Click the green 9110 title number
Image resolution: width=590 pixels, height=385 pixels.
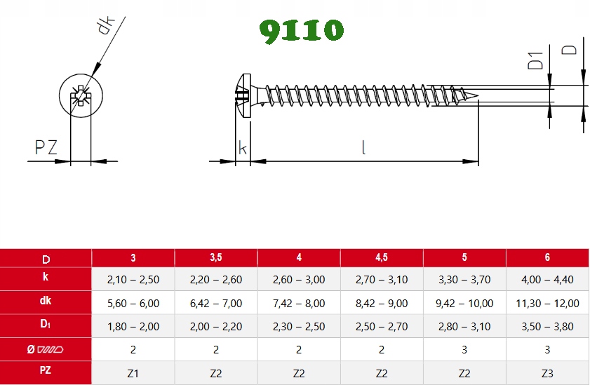point(302,31)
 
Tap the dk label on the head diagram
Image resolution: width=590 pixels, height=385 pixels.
point(105,25)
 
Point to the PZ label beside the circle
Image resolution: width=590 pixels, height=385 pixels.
point(46,147)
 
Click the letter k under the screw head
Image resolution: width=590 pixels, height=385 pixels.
point(243,148)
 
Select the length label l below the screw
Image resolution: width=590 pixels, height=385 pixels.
point(363,147)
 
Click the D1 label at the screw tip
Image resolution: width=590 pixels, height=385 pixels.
point(535,60)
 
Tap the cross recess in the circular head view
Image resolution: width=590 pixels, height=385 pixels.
point(81,95)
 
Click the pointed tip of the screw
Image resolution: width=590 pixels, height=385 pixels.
point(478,95)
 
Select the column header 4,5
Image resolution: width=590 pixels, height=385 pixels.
point(382,257)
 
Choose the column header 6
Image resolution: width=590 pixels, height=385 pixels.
point(547,257)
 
